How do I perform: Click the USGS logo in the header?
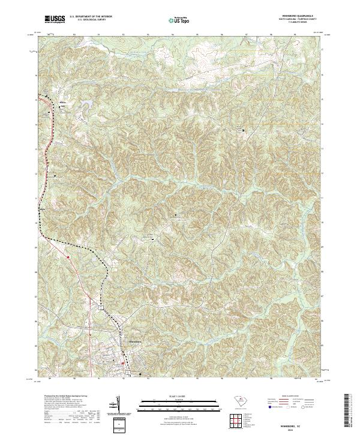[55, 19]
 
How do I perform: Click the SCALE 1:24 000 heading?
[172, 397]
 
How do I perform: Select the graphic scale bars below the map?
[172, 404]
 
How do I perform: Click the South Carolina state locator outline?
[239, 401]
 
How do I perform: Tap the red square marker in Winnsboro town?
[125, 362]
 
